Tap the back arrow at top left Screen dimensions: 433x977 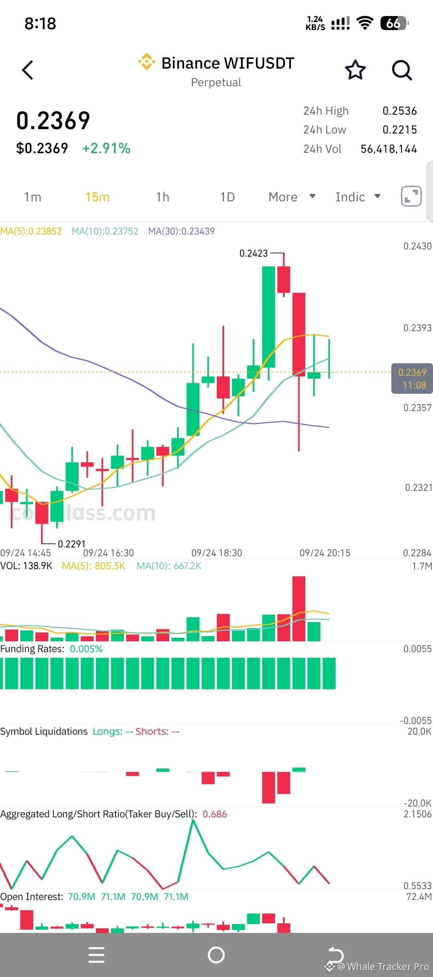[27, 70]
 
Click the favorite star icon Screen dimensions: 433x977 [355, 70]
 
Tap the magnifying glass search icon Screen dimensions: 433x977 [402, 71]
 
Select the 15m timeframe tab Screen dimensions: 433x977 [97, 197]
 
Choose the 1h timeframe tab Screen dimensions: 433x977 [163, 197]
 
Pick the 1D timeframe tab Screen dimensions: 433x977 [227, 197]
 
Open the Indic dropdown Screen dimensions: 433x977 [358, 197]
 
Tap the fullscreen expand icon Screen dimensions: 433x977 [411, 197]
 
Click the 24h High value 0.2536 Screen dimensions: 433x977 [400, 111]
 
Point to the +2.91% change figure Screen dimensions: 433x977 [106, 148]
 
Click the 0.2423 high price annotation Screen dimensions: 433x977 [253, 253]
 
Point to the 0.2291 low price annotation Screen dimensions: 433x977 [72, 544]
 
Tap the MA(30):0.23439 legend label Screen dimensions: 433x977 [181, 231]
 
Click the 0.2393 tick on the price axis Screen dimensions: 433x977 [417, 328]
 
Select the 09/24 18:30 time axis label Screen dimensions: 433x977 [216, 553]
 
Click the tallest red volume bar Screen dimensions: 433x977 [299, 609]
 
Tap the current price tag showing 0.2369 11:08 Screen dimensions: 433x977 [412, 379]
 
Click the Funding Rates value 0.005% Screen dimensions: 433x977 [86, 649]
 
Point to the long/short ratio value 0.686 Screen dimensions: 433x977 [214, 814]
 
